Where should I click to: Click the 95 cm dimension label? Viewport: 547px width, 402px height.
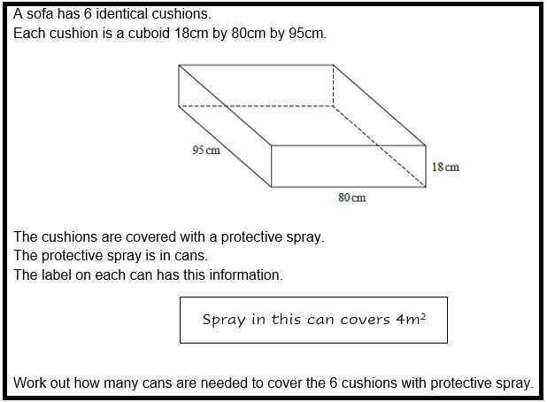click(x=205, y=150)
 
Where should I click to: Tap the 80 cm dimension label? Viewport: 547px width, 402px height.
click(x=351, y=197)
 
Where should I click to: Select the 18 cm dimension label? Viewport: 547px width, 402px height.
click(x=445, y=166)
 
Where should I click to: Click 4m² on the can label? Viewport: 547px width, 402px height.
click(x=410, y=320)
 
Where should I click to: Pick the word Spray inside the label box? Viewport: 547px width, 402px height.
click(x=222, y=320)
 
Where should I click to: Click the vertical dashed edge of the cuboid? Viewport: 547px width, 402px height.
click(x=333, y=86)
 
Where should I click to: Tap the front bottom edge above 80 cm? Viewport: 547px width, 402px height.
click(x=348, y=187)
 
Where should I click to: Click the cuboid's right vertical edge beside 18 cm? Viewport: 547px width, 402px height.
click(x=426, y=166)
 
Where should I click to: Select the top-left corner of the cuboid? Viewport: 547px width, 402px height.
click(x=179, y=65)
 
